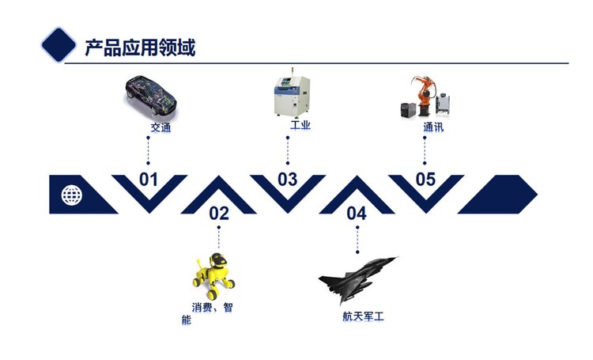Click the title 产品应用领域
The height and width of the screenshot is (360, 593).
pyautogui.click(x=140, y=47)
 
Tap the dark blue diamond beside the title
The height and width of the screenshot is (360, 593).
pyautogui.click(x=59, y=44)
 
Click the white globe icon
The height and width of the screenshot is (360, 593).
pyautogui.click(x=71, y=195)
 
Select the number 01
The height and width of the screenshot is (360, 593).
pyautogui.click(x=149, y=180)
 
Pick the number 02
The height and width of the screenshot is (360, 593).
pyautogui.click(x=219, y=214)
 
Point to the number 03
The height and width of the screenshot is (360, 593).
pyautogui.click(x=288, y=180)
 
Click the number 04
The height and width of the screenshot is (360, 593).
pyautogui.click(x=357, y=214)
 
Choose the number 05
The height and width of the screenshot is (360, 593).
pyautogui.click(x=425, y=180)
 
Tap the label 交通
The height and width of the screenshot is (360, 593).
pyautogui.click(x=161, y=127)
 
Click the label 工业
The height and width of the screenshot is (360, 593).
pyautogui.click(x=300, y=125)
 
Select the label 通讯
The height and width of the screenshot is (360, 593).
pyautogui.click(x=433, y=127)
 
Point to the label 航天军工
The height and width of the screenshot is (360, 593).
pyautogui.click(x=363, y=316)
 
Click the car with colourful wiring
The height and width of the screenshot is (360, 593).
pyautogui.click(x=151, y=96)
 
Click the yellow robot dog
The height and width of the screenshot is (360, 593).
pyautogui.click(x=213, y=275)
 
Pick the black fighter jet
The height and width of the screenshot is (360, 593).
pyautogui.click(x=358, y=279)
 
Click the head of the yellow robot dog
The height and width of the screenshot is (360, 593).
pyautogui.click(x=219, y=260)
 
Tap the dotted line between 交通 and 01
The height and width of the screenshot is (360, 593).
pyautogui.click(x=149, y=150)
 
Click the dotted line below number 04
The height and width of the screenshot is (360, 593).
pyautogui.click(x=357, y=240)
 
